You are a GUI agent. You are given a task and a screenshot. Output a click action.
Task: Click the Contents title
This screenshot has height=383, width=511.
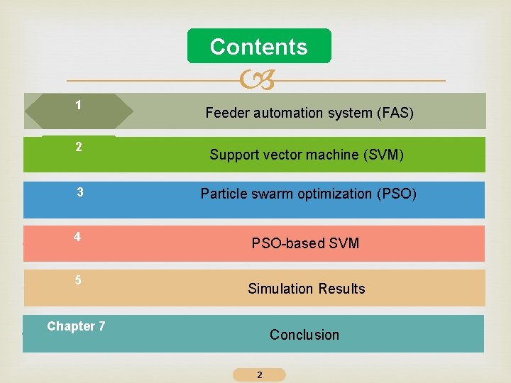tap(259, 47)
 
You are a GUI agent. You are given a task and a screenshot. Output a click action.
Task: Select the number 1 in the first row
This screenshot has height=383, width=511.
tap(78, 105)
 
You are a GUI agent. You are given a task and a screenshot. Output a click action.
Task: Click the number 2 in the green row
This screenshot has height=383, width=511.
tap(79, 148)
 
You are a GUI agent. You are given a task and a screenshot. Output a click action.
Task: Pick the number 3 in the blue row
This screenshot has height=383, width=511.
tap(80, 192)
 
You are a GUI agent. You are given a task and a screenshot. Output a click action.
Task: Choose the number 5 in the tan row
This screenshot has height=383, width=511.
tap(78, 280)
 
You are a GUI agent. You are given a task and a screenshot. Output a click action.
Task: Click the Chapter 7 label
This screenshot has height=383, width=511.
tap(76, 326)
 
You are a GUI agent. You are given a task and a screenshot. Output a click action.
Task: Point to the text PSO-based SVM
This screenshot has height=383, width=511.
tap(305, 243)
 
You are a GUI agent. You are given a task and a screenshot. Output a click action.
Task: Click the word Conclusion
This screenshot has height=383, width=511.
tap(304, 335)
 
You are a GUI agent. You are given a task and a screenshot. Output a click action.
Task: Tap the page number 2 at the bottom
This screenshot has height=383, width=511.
tap(259, 374)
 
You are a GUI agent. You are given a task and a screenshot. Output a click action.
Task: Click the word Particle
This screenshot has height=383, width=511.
tap(223, 194)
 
